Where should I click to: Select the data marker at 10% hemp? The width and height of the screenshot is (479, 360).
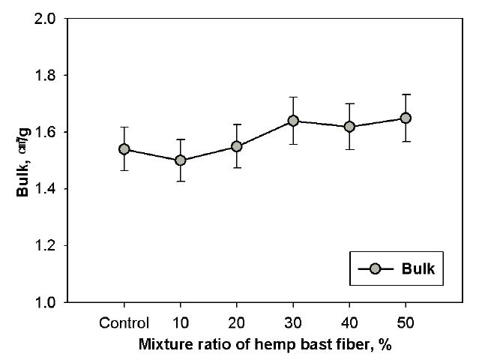tap(180, 160)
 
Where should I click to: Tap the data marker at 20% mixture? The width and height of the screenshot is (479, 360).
tap(236, 146)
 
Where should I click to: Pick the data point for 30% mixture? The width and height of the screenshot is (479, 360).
tap(293, 121)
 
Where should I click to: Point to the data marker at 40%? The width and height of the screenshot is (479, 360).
tap(349, 127)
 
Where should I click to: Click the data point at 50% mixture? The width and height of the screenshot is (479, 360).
tap(406, 118)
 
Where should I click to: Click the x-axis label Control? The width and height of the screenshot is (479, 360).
tap(124, 324)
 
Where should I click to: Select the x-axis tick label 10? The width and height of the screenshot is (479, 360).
tap(180, 324)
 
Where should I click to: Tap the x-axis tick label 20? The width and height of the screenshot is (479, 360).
tap(236, 324)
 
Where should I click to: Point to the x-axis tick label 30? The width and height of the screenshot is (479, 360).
tap(293, 324)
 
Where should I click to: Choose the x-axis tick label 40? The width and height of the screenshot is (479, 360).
tap(349, 324)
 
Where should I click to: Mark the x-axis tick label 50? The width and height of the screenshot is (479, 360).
tap(406, 324)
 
